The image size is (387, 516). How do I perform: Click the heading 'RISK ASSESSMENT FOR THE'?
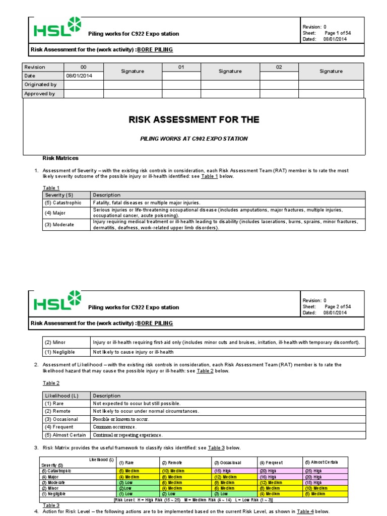[x=194, y=120]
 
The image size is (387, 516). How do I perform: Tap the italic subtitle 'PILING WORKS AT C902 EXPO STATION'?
[x=194, y=139]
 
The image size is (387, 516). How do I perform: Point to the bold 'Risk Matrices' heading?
[x=60, y=158]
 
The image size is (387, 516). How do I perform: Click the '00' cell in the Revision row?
[x=84, y=67]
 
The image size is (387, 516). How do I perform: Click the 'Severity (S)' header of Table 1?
[x=58, y=195]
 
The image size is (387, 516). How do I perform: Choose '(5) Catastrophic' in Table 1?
[x=63, y=203]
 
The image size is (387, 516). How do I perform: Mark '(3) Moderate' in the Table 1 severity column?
[x=59, y=225]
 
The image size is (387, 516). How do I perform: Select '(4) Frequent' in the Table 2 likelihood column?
[x=59, y=427]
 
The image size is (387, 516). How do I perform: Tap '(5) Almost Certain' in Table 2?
[x=66, y=435]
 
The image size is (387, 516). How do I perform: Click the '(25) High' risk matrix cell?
[x=315, y=471]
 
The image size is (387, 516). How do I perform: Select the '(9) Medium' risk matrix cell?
[x=224, y=482]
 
